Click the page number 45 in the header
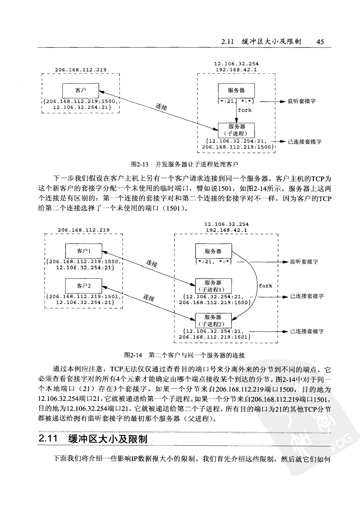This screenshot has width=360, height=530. click(320, 41)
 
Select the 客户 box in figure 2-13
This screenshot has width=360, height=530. click(81, 89)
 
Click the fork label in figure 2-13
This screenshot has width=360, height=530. click(245, 110)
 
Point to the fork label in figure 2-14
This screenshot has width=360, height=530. click(266, 286)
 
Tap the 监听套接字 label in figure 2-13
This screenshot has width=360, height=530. click(301, 101)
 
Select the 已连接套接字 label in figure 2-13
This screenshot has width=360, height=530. click(304, 142)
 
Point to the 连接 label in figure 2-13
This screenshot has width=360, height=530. click(162, 107)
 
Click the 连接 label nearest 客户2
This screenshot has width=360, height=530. click(149, 298)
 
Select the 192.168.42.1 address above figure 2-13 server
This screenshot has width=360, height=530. click(236, 69)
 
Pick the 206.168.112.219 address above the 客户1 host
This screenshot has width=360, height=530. click(83, 230)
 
